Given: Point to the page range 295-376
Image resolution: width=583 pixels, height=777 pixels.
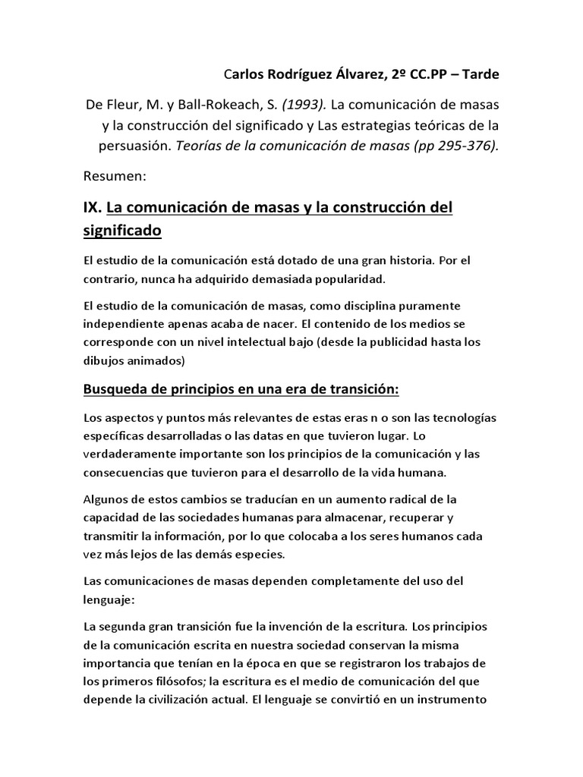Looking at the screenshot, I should [469, 146].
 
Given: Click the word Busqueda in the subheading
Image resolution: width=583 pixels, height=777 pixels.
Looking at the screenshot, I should [116, 389].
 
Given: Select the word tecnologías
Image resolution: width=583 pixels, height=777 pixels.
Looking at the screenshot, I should [463, 419].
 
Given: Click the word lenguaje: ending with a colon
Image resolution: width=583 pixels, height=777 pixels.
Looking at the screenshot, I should [109, 599].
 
